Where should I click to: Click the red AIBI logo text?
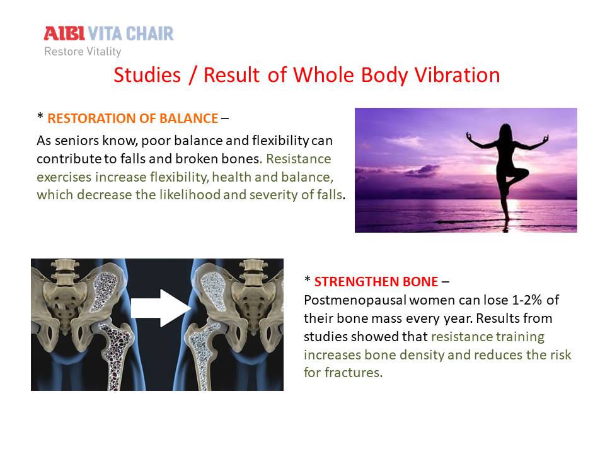pos(64,33)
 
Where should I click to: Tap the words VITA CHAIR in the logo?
pos(131,33)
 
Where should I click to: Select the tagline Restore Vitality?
pos(83,51)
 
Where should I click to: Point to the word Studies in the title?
pos(147,75)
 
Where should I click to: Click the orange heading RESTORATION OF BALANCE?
pos(133,118)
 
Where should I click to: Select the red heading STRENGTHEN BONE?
pos(376,281)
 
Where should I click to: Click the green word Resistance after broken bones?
pos(299,159)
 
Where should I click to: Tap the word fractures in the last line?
pos(353,373)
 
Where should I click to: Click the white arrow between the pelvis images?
pos(161,308)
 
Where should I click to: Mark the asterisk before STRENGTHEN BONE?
pos(307,279)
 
